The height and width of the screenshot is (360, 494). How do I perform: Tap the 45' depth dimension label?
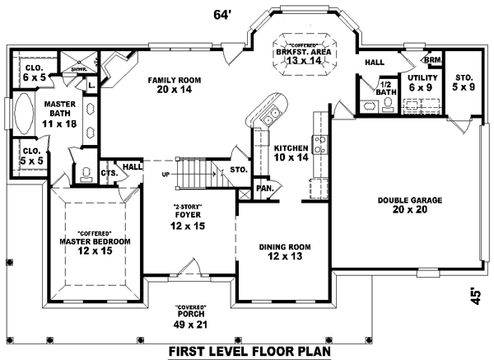coord(476,295)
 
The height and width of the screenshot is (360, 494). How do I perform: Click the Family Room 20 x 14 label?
coord(174,85)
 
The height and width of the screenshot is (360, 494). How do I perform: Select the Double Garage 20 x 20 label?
coord(399,204)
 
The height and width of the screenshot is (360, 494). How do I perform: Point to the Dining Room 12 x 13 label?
coord(284,250)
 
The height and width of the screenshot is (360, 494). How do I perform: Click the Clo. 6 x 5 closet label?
coord(34,72)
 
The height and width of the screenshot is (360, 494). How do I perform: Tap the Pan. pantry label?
coord(264,188)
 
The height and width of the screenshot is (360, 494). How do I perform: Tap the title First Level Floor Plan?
coord(249,350)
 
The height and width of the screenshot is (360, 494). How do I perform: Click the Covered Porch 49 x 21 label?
coord(190,318)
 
